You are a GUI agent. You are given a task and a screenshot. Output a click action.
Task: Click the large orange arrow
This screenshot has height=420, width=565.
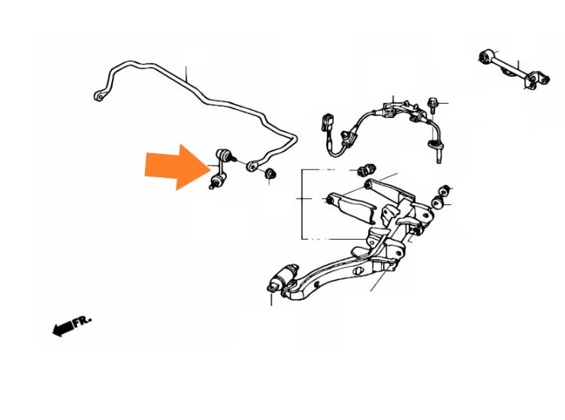pyautogui.click(x=177, y=167)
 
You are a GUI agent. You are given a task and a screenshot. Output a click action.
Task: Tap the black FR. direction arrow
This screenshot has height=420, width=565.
pyautogui.click(x=63, y=328)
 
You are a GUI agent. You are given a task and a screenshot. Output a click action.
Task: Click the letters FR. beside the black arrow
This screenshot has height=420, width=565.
pyautogui.click(x=83, y=321)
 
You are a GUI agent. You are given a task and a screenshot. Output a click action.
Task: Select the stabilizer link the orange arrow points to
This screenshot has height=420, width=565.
pyautogui.click(x=220, y=168)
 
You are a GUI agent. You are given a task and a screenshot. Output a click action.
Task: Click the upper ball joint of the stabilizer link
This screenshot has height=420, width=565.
pyautogui.click(x=222, y=154)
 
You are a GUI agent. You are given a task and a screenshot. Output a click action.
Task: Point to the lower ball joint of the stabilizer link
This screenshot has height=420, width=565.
pyautogui.click(x=218, y=179)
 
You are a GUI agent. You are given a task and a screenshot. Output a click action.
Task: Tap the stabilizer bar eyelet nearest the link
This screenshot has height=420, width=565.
pyautogui.click(x=253, y=166)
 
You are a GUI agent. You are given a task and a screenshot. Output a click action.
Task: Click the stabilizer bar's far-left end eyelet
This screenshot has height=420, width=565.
pyautogui.click(x=99, y=96)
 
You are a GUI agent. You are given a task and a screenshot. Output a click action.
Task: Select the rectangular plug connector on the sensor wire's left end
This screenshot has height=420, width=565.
pyautogui.click(x=327, y=122)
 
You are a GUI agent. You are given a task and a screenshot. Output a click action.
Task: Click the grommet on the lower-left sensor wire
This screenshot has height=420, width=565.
pyautogui.click(x=348, y=138)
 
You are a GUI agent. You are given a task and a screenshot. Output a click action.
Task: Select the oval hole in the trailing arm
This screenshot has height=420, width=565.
pyautogui.click(x=358, y=271)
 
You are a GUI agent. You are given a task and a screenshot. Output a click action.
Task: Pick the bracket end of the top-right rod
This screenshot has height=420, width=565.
pyautogui.click(x=536, y=80)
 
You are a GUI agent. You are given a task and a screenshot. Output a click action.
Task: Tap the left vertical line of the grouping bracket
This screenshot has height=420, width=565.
pyautogui.click(x=301, y=204)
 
